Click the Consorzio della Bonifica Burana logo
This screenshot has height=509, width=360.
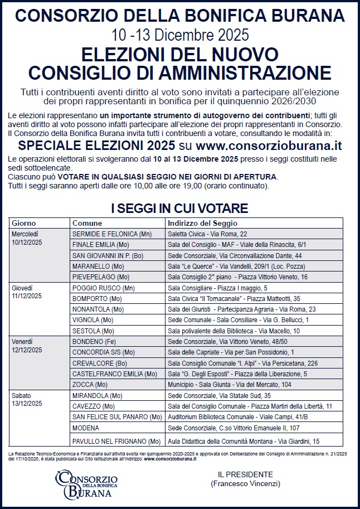pyautogui.click(x=86, y=483)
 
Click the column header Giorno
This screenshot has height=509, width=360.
pyautogui.click(x=24, y=223)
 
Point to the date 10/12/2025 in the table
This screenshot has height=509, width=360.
pyautogui.click(x=27, y=243)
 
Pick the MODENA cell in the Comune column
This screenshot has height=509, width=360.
pyautogui.click(x=86, y=429)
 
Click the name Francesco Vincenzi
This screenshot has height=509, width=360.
pyautogui.click(x=246, y=483)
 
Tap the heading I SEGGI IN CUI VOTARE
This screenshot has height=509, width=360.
pyautogui.click(x=179, y=209)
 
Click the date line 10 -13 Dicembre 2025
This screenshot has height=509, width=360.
pyautogui.click(x=179, y=36)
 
